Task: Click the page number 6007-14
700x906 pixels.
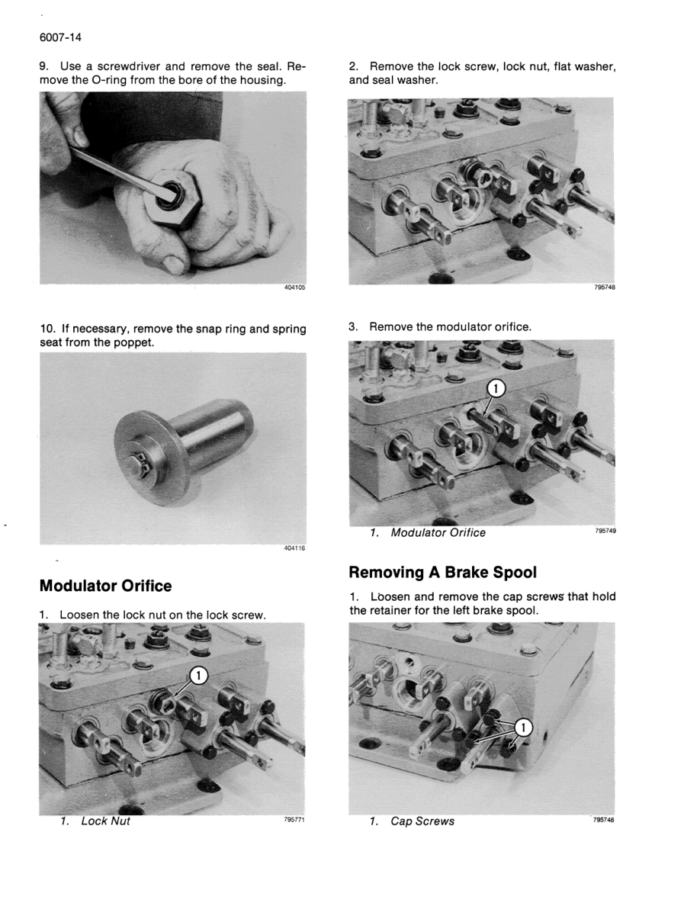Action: point(61,37)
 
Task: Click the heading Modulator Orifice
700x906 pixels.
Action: point(106,586)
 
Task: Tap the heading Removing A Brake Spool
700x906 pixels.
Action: point(443,573)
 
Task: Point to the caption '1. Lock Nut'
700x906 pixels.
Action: point(96,821)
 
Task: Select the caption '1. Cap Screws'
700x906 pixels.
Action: point(413,821)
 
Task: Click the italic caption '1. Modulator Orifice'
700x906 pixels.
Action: point(428,533)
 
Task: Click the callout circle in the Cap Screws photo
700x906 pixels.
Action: point(523,728)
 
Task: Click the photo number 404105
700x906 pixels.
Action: point(294,288)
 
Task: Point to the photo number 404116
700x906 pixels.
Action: point(294,548)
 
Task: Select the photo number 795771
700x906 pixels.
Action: point(294,819)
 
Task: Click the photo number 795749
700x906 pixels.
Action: point(605,531)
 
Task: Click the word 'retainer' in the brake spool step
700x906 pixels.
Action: point(394,611)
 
